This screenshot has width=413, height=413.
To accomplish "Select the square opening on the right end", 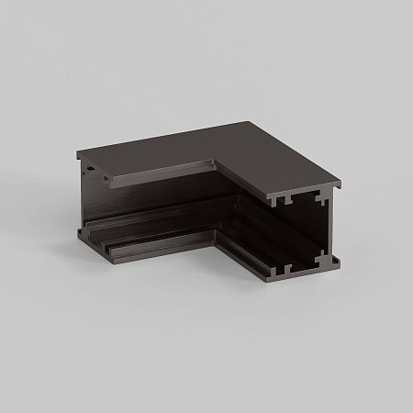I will coord(297,234).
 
